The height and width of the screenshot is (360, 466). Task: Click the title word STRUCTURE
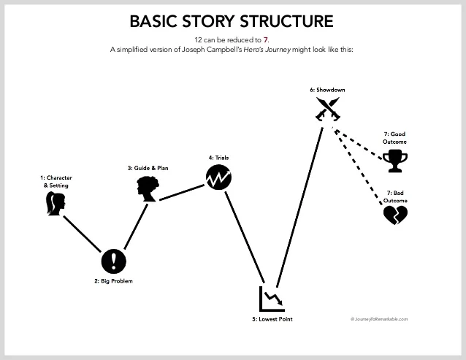tap(283, 20)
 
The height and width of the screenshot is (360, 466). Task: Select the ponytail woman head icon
tap(55, 205)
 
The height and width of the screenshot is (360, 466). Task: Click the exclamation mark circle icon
tap(114, 260)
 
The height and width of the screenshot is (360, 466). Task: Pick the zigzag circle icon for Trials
tap(218, 177)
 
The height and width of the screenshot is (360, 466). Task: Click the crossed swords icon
tap(327, 111)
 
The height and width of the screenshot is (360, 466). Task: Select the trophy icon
tap(395, 160)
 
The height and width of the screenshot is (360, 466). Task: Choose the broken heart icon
tap(394, 215)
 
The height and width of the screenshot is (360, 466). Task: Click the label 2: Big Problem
tap(114, 281)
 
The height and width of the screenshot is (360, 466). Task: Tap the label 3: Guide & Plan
tap(148, 169)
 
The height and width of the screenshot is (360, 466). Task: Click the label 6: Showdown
tap(327, 90)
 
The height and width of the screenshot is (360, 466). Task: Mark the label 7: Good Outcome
tap(394, 137)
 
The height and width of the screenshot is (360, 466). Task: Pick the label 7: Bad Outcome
tap(394, 196)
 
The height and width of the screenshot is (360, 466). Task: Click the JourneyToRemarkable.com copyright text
tap(379, 319)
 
